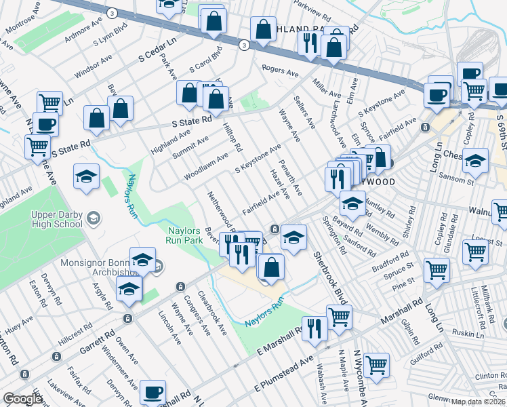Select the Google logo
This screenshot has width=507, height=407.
pos(22,399)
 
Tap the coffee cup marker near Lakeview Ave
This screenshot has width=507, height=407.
pos(153,392)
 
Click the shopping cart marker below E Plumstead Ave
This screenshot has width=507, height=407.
pos(376,365)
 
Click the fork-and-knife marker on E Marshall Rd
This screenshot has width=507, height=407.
pos(314,328)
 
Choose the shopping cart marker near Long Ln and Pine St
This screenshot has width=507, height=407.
pos(437,270)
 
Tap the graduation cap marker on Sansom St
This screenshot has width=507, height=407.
pos(476,161)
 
